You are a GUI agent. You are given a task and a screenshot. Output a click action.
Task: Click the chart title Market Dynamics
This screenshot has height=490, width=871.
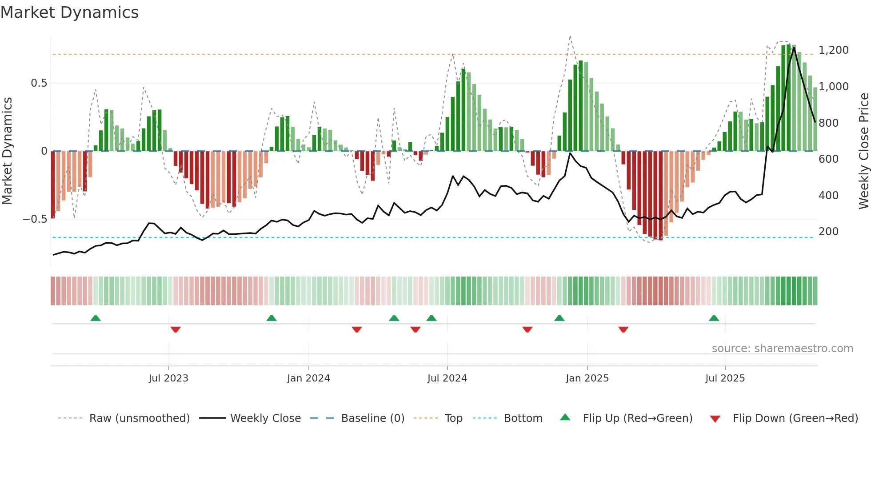click(69, 12)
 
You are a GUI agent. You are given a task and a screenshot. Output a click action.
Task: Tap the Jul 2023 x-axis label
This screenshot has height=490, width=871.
click(168, 378)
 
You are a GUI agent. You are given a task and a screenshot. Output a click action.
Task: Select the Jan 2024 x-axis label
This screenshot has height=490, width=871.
click(308, 378)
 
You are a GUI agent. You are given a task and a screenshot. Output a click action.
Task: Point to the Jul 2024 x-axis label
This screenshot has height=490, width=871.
click(447, 378)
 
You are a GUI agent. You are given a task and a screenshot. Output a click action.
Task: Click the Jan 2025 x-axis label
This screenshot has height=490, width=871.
click(587, 378)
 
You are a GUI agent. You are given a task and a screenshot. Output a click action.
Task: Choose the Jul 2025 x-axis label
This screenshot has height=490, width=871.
click(725, 378)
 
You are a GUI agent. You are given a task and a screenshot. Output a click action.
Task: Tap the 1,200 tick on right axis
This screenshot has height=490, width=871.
click(834, 50)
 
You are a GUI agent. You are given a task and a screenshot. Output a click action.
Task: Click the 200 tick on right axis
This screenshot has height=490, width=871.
click(829, 232)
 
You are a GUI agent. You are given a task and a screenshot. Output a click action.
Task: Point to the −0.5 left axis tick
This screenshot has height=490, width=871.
click(35, 219)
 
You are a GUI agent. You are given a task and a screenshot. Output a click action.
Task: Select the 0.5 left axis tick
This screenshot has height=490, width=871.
click(39, 83)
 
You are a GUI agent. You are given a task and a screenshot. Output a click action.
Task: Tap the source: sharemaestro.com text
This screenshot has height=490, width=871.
click(782, 349)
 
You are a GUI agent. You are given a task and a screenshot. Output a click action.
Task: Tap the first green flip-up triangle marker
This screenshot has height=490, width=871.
click(96, 318)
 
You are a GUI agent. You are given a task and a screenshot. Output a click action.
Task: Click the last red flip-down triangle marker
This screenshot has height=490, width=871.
click(623, 329)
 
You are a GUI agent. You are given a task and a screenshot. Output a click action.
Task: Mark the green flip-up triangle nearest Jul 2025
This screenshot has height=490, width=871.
click(714, 318)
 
